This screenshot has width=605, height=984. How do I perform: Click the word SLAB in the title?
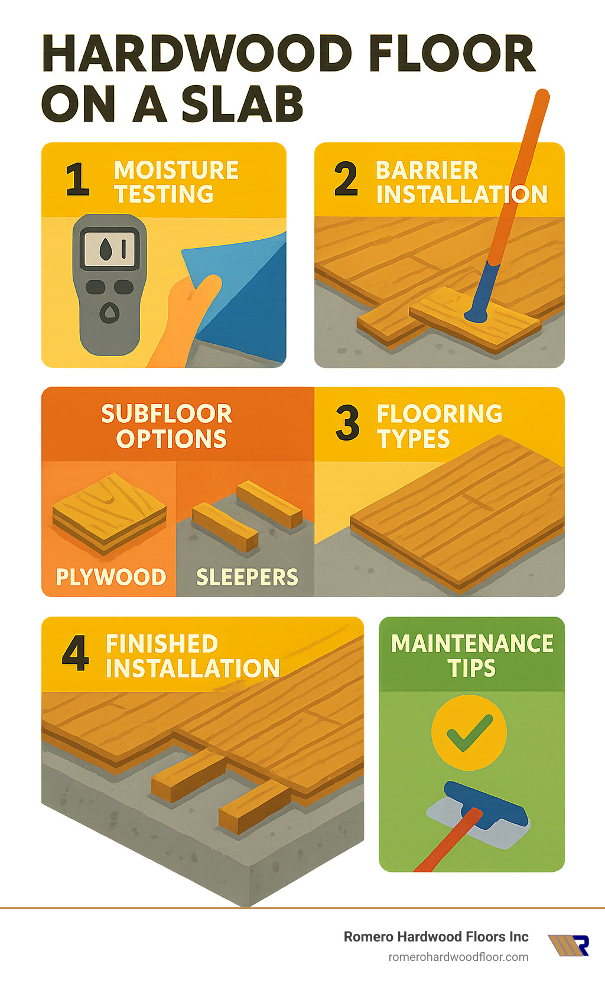(x=242, y=105)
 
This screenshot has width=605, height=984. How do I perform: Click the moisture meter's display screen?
(x=109, y=248)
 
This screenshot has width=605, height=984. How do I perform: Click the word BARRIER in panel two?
(x=427, y=171)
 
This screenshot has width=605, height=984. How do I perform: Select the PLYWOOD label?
(x=110, y=577)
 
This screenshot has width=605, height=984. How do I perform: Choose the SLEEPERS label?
(x=247, y=577)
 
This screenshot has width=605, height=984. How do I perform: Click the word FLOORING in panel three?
(x=440, y=414)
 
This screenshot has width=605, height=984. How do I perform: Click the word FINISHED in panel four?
(x=162, y=644)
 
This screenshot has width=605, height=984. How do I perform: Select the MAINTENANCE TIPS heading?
(x=472, y=656)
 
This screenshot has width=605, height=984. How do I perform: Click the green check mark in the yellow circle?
(x=469, y=732)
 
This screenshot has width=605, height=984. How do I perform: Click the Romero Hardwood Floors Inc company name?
(x=436, y=937)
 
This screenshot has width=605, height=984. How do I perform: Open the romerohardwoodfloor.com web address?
(x=458, y=957)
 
